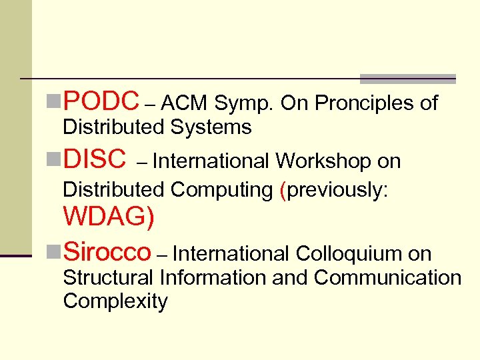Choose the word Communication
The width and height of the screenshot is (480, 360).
point(387,277)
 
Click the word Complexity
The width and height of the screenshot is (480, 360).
point(115,301)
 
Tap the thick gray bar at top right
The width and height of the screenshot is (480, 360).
point(407,79)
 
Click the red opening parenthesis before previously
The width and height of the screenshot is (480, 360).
point(283,190)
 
